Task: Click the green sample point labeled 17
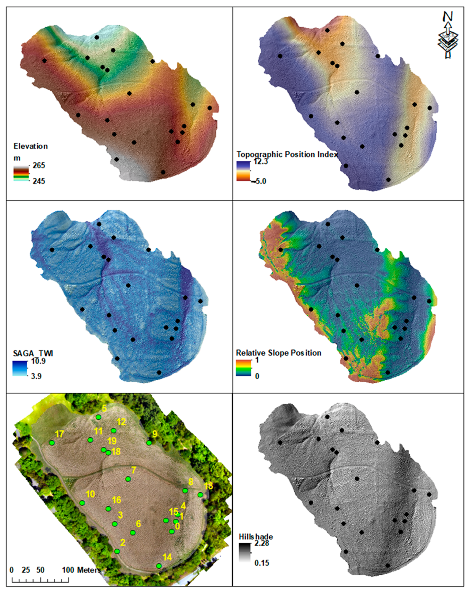click(x=52, y=443)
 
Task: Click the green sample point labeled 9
click(x=149, y=443)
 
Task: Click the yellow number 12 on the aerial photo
click(x=121, y=422)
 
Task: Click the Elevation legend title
click(x=30, y=146)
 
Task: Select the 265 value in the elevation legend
click(x=38, y=165)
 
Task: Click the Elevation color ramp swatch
click(x=21, y=173)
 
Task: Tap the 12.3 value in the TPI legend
click(x=260, y=161)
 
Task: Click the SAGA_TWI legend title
click(x=33, y=353)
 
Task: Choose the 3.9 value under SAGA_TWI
click(x=36, y=376)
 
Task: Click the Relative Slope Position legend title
click(x=278, y=353)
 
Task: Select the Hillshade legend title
click(x=256, y=537)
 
